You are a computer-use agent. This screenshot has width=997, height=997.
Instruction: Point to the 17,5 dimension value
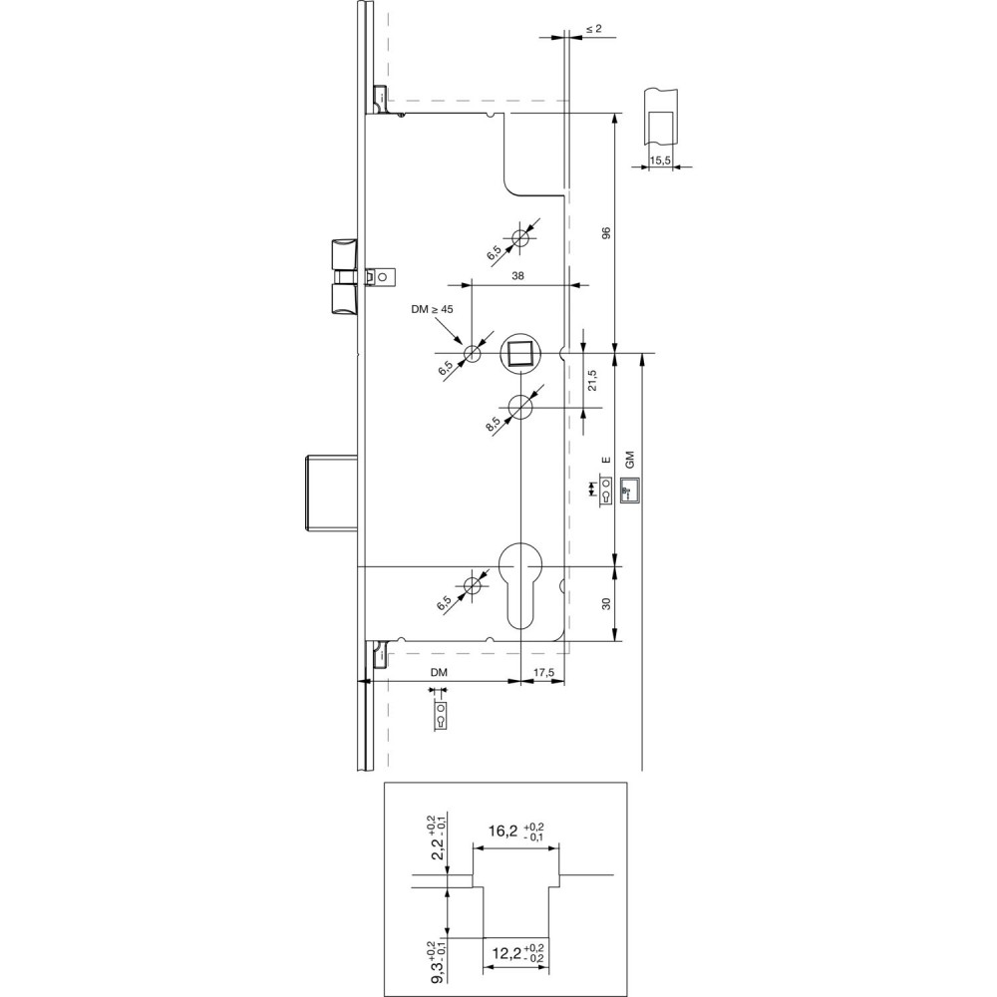coord(543,673)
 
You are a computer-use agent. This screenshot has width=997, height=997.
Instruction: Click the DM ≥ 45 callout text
coord(432,310)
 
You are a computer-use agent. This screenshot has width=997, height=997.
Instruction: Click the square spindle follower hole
coord(520,354)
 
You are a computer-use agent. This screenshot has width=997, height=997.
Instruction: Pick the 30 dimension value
coord(605,603)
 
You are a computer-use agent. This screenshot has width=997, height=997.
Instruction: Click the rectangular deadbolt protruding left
coord(328,492)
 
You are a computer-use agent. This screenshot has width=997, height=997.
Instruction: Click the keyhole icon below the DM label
coord(440,715)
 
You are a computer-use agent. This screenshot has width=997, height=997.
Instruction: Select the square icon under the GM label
coord(629,490)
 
